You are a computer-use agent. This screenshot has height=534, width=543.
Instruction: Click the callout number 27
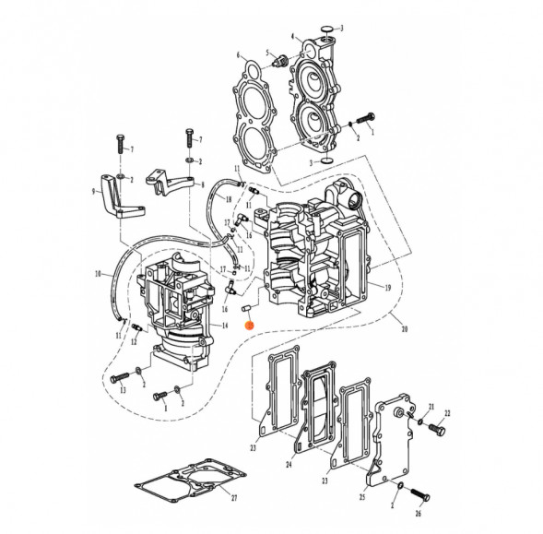[x=233, y=498]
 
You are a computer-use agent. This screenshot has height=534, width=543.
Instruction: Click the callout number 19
[x=388, y=288]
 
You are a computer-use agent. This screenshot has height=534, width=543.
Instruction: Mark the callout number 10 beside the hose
[x=97, y=274]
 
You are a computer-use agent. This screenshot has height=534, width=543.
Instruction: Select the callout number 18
[x=228, y=200]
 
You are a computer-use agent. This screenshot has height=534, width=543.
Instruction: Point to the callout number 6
[x=237, y=55]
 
